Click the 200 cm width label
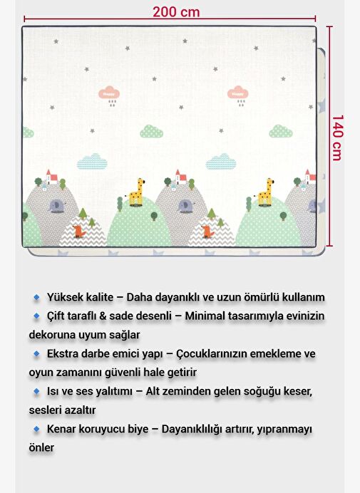click(176, 12)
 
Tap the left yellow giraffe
click(137, 192)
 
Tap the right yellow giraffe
click(266, 192)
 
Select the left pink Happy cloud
click(109, 94)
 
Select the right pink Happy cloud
click(237, 94)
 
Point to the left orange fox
click(78, 231)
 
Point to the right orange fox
click(207, 231)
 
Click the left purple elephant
click(56, 206)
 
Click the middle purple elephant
click(185, 206)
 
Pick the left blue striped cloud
click(92, 161)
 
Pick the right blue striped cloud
click(221, 161)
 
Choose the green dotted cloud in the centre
click(151, 131)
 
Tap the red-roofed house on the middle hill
click(180, 177)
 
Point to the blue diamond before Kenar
click(36, 429)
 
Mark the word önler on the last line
click(41, 447)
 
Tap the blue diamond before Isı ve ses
click(36, 391)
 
